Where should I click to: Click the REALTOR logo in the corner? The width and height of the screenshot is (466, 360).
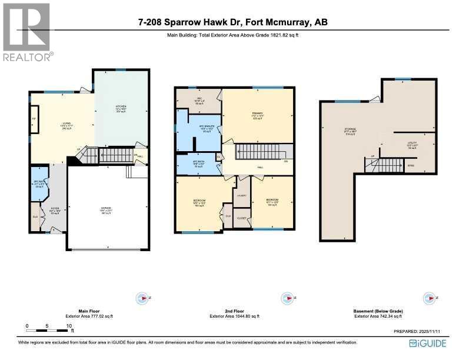26,32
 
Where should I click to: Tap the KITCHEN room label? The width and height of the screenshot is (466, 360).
121,106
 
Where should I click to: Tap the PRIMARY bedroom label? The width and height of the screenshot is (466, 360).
258,114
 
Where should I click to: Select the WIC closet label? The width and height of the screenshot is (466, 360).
199,99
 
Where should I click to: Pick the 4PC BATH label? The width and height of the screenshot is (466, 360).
198,162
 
